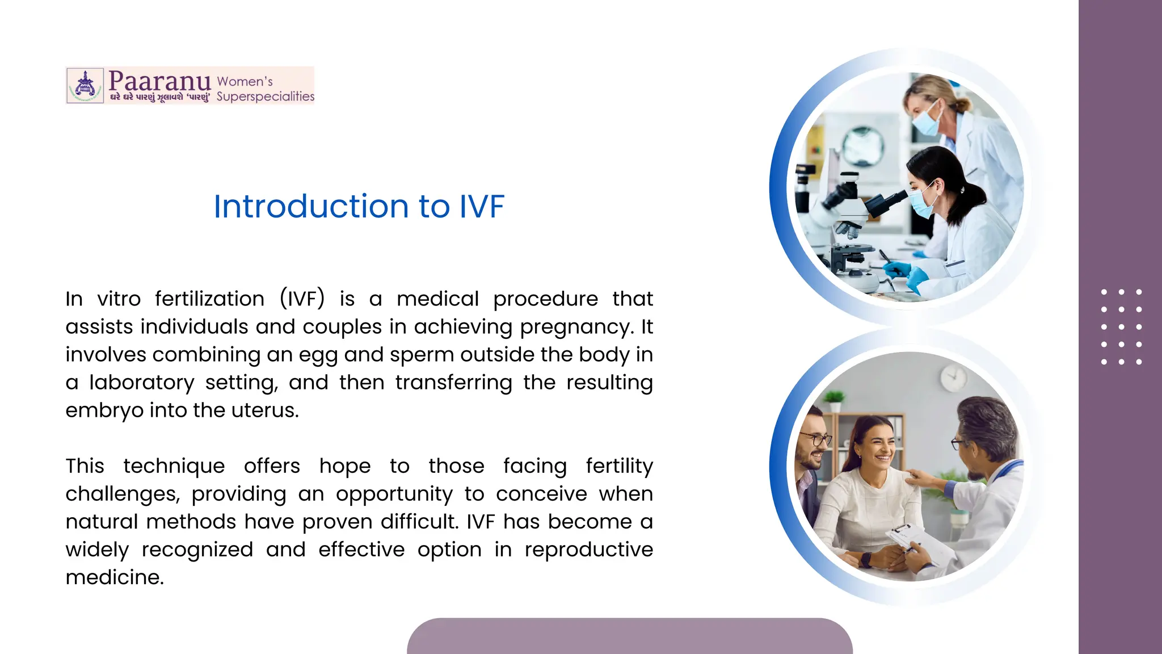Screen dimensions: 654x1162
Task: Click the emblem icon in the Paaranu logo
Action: (85, 86)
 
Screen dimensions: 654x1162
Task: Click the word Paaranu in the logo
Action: (159, 81)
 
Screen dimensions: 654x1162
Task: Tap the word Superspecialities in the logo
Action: (265, 97)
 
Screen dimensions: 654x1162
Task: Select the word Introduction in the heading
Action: (311, 206)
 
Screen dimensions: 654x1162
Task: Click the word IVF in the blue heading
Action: (481, 206)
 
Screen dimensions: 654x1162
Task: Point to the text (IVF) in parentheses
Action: (302, 299)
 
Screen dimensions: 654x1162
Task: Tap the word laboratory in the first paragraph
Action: (141, 383)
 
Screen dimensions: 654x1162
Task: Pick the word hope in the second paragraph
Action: (344, 466)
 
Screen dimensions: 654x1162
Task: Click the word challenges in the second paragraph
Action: (122, 494)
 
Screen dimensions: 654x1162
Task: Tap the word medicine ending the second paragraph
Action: (114, 577)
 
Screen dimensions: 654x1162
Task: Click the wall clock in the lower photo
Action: (954, 378)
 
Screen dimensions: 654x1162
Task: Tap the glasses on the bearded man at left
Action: (815, 439)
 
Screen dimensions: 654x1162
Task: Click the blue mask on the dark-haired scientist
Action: (921, 202)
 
